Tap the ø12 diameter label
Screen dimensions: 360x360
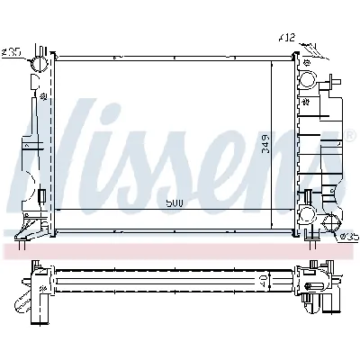pyautogui.click(x=285, y=39)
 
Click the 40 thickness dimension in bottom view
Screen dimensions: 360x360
pyautogui.click(x=262, y=281)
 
